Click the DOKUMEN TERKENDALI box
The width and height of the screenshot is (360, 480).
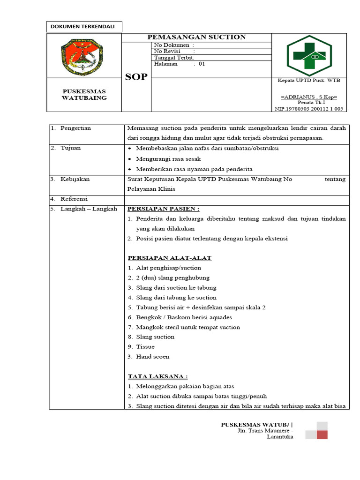84,27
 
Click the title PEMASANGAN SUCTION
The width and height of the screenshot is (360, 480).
196,37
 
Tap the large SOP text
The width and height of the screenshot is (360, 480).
136,77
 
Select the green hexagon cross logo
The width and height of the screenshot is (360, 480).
309,55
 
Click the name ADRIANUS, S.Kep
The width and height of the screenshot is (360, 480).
309,97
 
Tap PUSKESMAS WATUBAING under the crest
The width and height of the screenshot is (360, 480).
84,94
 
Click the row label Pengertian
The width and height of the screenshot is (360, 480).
75,128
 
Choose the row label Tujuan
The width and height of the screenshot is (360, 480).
71,148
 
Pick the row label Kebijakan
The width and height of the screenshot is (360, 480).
75,179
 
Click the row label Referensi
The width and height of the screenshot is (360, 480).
74,199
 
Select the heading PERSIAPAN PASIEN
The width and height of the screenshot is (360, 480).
164,209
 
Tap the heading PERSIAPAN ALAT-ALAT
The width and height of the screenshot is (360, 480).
170,258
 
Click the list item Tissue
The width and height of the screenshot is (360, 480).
145,347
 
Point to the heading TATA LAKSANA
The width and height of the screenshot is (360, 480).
158,376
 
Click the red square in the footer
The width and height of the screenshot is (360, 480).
322,435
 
